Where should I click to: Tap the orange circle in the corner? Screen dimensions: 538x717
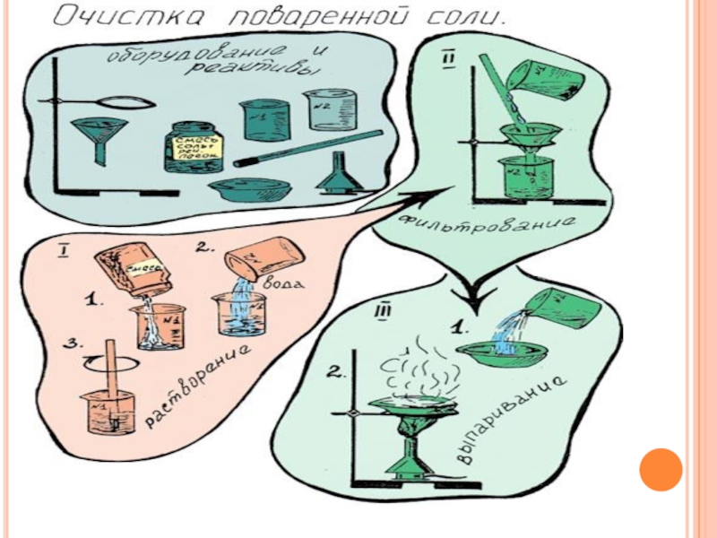coord(661,469)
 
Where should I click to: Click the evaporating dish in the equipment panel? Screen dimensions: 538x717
coord(252,187)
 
